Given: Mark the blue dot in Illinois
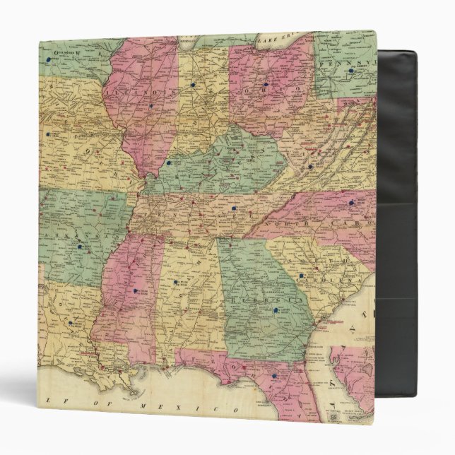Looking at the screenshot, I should [x=150, y=107].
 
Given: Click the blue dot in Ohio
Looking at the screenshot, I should [x=266, y=85].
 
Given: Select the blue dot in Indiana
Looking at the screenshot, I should [x=192, y=85].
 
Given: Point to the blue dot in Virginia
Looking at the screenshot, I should [x=309, y=167].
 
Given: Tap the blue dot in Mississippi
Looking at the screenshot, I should [x=131, y=289].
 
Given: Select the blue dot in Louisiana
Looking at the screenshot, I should [x=71, y=324].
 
